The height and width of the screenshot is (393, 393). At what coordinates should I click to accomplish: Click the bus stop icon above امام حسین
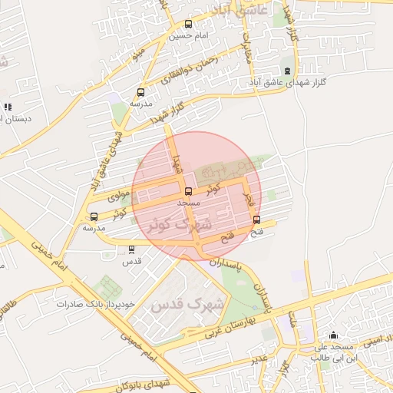pyautogui.click(x=190, y=25)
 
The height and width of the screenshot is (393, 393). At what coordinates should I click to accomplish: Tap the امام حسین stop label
pyautogui.click(x=190, y=36)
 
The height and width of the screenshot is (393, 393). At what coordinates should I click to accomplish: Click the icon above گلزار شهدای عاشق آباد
pyautogui.click(x=287, y=71)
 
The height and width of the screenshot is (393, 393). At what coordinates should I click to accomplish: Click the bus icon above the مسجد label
pyautogui.click(x=188, y=191)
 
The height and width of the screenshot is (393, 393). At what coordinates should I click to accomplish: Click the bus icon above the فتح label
pyautogui.click(x=256, y=220)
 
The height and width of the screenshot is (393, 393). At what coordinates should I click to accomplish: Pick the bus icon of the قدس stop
pyautogui.click(x=131, y=249)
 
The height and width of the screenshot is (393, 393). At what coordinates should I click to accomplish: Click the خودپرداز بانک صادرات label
pyautogui.click(x=95, y=304)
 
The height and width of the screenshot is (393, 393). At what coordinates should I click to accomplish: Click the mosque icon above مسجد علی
pyautogui.click(x=332, y=335)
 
